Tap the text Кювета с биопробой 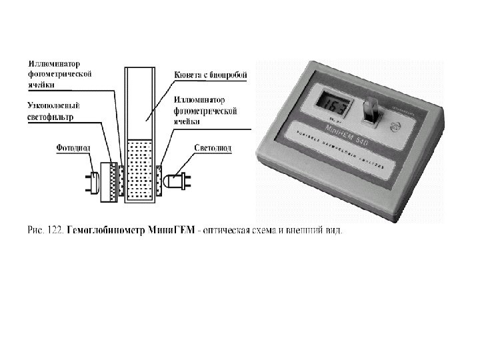pyautogui.click(x=210, y=75)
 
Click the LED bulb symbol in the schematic pyautogui.click(x=177, y=180)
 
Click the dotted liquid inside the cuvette pyautogui.click(x=140, y=169)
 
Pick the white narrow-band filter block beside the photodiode pyautogui.click(x=105, y=181)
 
